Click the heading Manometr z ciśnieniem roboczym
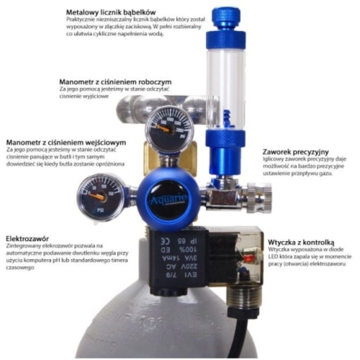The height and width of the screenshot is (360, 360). (116, 81)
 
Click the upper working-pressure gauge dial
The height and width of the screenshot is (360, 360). (168, 127)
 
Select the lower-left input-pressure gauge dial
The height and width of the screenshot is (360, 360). (102, 197)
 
